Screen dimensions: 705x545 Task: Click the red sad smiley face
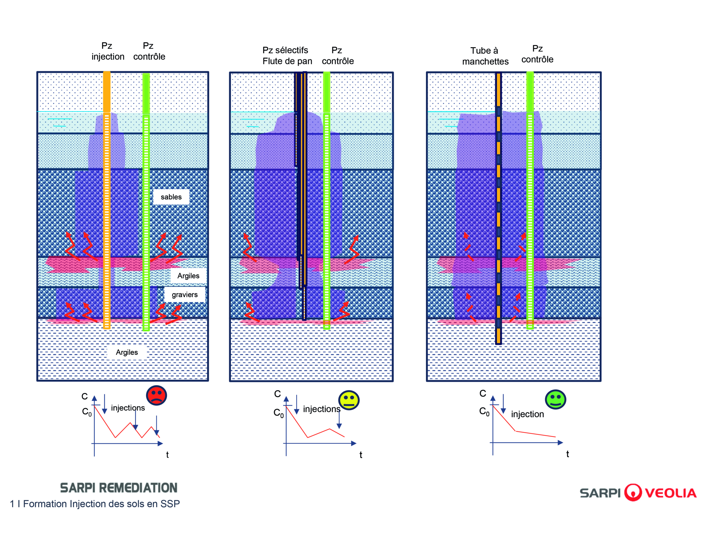click(x=156, y=395)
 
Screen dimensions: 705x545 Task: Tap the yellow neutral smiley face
click(x=349, y=400)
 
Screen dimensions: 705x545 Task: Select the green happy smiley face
click(x=555, y=399)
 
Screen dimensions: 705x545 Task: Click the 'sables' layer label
click(x=171, y=197)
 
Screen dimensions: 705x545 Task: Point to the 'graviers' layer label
click(x=185, y=295)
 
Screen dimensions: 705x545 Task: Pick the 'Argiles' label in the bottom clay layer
click(x=127, y=352)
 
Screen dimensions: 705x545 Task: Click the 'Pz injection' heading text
click(x=108, y=51)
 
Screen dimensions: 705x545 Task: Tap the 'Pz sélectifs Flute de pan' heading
click(x=287, y=55)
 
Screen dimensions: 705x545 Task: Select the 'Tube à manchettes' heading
click(x=485, y=56)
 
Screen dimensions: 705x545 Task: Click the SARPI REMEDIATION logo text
click(x=119, y=487)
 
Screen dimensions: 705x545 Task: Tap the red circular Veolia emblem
click(x=633, y=492)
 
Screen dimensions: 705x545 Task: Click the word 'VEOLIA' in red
click(x=671, y=493)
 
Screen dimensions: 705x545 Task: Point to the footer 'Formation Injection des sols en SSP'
click(x=101, y=504)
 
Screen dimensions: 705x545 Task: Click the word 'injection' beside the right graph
click(x=527, y=414)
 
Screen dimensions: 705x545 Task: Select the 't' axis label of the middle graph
click(x=361, y=455)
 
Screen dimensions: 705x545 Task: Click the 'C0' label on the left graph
click(x=87, y=412)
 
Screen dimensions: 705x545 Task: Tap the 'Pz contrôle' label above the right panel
click(x=538, y=54)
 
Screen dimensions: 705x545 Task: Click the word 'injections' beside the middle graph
click(x=321, y=409)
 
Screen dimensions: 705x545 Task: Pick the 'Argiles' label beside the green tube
click(x=188, y=276)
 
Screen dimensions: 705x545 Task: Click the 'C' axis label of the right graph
click(x=483, y=393)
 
